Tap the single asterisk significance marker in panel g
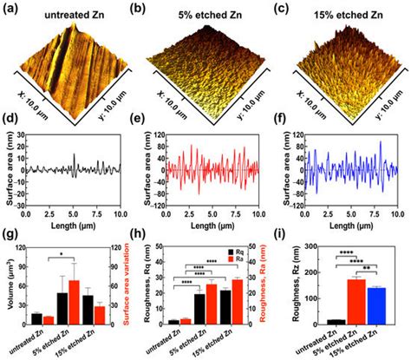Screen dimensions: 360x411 click(72, 255)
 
